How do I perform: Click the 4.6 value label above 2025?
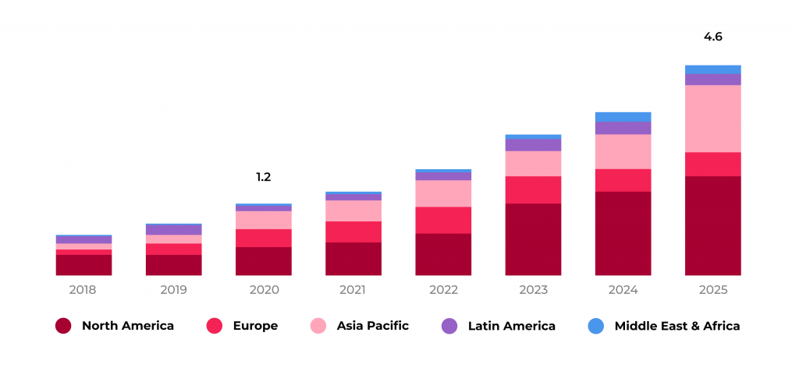pyautogui.click(x=713, y=37)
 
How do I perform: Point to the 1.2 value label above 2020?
pyautogui.click(x=264, y=177)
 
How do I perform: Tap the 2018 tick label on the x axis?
pyautogui.click(x=83, y=290)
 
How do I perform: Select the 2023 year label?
pyautogui.click(x=533, y=290)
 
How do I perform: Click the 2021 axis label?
pyautogui.click(x=353, y=290)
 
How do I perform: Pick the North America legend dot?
pyautogui.click(x=64, y=326)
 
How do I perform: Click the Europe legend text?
pyautogui.click(x=255, y=326)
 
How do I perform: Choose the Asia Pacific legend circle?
pyautogui.click(x=319, y=326)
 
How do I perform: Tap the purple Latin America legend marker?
pyautogui.click(x=450, y=326)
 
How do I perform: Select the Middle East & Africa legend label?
pyautogui.click(x=677, y=326)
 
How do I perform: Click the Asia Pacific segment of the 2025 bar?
pyautogui.click(x=713, y=119)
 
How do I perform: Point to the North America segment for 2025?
pyautogui.click(x=713, y=225)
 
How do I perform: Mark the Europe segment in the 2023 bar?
pyautogui.click(x=533, y=189)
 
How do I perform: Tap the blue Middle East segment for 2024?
pyautogui.click(x=623, y=117)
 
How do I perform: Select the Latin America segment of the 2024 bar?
pyautogui.click(x=623, y=128)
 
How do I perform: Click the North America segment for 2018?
pyautogui.click(x=83, y=265)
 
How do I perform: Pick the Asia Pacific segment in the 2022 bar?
pyautogui.click(x=443, y=193)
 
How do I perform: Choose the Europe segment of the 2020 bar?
pyautogui.click(x=264, y=238)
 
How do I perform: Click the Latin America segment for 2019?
pyautogui.click(x=173, y=230)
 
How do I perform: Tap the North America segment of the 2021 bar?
pyautogui.click(x=353, y=259)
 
